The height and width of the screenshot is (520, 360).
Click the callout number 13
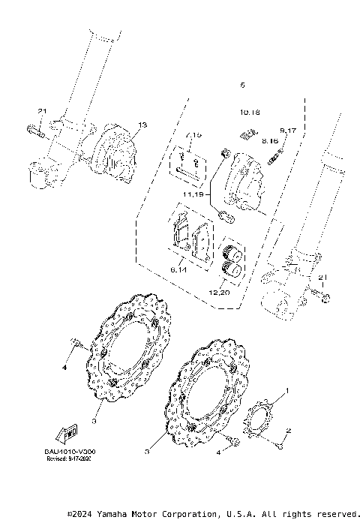(142, 125)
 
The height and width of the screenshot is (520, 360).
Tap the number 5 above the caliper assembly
(241, 86)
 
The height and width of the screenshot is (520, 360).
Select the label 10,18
(250, 113)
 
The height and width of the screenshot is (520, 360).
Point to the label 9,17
(289, 131)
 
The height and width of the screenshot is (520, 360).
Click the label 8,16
(270, 140)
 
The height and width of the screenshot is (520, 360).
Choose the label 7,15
(193, 134)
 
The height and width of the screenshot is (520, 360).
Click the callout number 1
(286, 391)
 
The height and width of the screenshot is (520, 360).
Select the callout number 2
(288, 431)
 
